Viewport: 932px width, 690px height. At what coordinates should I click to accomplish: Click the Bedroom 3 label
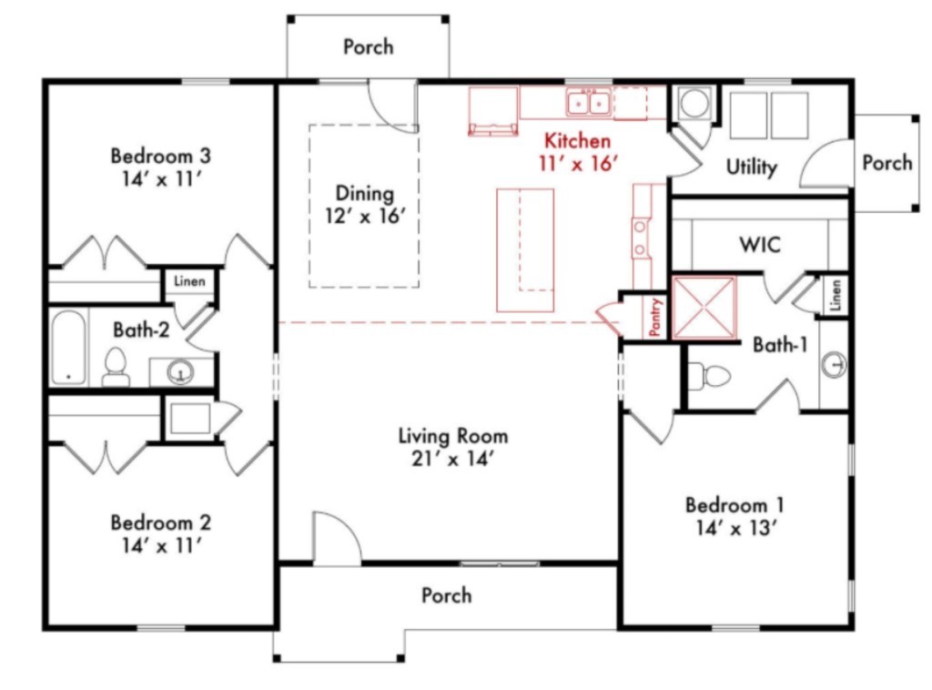tap(160, 156)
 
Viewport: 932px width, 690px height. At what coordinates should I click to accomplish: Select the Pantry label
tap(655, 318)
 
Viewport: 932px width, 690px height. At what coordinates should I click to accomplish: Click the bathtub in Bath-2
tap(68, 347)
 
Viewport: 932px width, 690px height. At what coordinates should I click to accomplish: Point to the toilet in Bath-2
tap(116, 367)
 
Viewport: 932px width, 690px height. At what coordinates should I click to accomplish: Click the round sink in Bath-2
tap(180, 372)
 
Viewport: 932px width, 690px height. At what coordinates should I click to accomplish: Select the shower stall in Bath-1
tap(704, 308)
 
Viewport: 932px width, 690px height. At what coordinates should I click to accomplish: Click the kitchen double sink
tap(589, 104)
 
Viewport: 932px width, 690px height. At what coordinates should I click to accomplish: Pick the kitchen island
tap(525, 250)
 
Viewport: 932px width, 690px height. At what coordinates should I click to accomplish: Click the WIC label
tap(760, 244)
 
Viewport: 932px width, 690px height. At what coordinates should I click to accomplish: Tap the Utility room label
tap(751, 167)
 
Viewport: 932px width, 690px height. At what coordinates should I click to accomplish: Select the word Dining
tap(365, 193)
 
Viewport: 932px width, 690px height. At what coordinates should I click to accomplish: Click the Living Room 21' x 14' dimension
tap(453, 459)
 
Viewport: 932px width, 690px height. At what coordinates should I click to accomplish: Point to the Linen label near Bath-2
tap(189, 281)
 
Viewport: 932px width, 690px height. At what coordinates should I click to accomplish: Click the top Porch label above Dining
tap(369, 47)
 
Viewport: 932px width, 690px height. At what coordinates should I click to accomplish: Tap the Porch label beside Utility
tap(887, 162)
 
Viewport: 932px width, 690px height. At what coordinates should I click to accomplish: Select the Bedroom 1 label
tap(734, 505)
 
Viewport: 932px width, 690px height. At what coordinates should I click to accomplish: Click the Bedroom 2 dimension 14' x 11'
tap(162, 545)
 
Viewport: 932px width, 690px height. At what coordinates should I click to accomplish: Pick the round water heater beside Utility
tap(694, 104)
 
